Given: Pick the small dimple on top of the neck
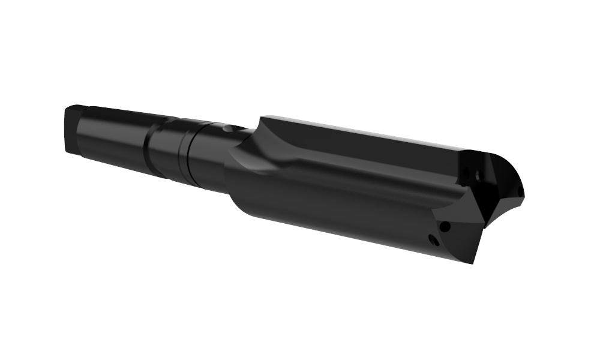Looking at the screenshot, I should coord(225,128).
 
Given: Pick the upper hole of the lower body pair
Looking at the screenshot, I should coord(445,227).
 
